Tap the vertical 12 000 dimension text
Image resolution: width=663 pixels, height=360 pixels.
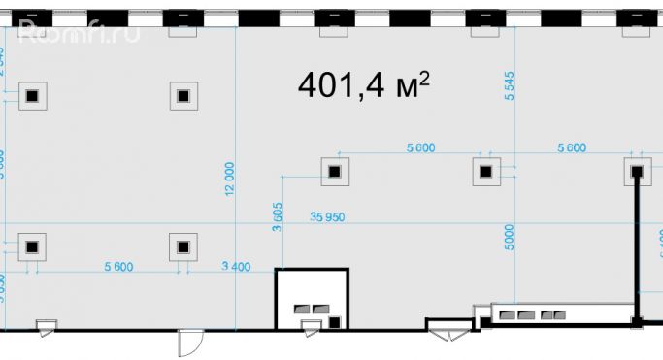[229, 179]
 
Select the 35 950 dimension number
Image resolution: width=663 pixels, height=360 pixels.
[328, 217]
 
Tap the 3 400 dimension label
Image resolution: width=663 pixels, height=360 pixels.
[237, 266]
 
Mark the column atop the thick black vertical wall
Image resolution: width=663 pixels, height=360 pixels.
[637, 172]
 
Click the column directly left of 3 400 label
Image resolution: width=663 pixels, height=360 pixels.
[182, 246]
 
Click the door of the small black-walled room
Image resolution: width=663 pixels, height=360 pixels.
[310, 331]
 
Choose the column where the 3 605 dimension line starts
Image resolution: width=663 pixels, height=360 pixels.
[334, 172]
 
